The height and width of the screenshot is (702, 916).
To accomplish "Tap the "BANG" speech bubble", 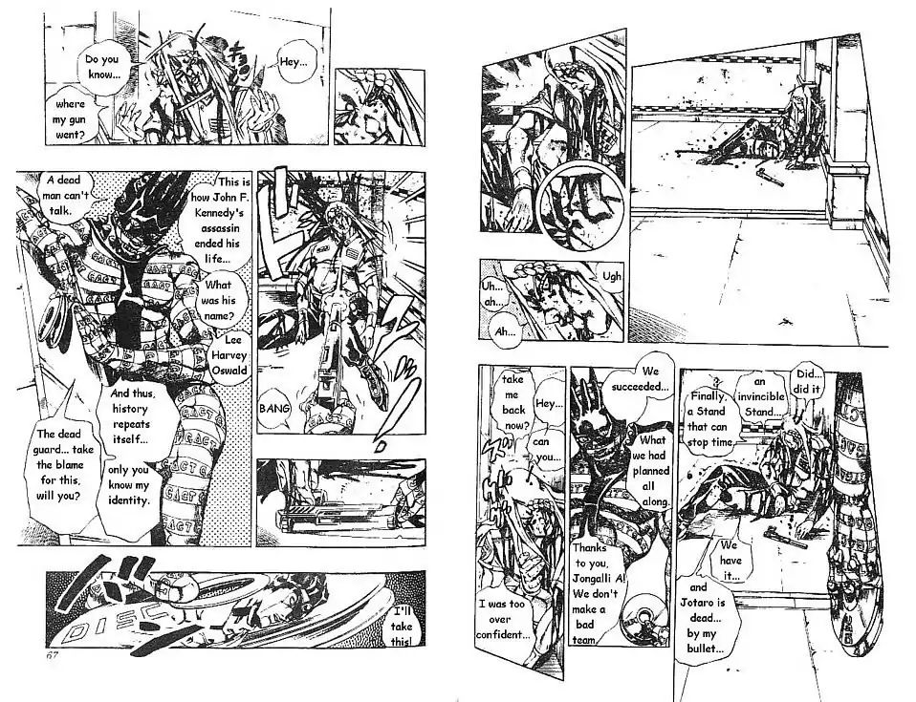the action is tap(274, 409).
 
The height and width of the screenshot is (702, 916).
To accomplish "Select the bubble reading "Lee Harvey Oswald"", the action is tap(229, 354).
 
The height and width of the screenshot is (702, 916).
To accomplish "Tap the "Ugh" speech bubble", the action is tap(611, 276).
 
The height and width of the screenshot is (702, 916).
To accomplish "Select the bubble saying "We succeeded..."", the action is tap(641, 379).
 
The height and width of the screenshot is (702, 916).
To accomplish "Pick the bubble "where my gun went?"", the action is tap(70, 119).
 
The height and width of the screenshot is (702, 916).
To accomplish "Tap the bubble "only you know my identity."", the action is tap(128, 485).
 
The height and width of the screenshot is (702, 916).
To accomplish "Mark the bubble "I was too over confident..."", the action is tap(502, 619).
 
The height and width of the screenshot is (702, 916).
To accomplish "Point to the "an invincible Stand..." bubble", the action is tap(759, 396).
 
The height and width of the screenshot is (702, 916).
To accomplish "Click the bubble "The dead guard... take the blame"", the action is tap(59, 464).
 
